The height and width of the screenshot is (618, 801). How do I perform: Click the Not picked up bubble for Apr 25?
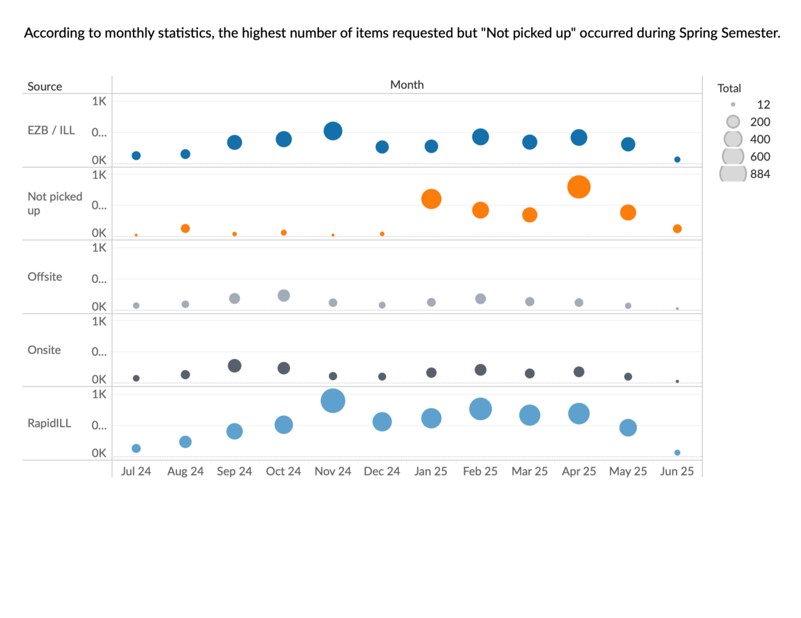[x=579, y=187]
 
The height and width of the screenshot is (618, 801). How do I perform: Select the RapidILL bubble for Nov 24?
[x=333, y=400]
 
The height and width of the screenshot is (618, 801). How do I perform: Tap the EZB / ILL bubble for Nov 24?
[x=333, y=131]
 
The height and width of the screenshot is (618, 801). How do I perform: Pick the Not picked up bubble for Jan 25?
[x=431, y=199]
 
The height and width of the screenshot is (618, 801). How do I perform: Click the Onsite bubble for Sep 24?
[x=234, y=366]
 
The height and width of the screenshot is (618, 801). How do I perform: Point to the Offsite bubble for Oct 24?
[x=283, y=296]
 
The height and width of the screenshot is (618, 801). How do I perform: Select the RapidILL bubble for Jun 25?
[x=677, y=452]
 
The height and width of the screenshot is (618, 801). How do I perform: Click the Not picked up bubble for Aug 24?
[x=185, y=228]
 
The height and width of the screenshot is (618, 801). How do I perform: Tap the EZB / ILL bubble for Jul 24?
[x=136, y=156]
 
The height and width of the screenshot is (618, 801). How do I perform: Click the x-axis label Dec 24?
[x=382, y=472]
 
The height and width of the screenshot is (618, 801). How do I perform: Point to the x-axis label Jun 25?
[x=677, y=472]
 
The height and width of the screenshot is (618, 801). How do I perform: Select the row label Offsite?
[x=45, y=277]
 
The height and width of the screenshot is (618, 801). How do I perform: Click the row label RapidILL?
[x=49, y=423]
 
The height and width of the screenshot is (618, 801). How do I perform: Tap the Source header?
[x=45, y=87]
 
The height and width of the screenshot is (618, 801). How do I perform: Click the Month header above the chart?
[x=407, y=85]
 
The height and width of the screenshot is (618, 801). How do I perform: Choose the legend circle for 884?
[x=733, y=174]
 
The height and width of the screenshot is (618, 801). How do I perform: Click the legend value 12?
[x=763, y=105]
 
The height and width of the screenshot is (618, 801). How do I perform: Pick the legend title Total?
[x=729, y=88]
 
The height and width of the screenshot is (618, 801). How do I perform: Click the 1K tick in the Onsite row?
[x=99, y=322]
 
